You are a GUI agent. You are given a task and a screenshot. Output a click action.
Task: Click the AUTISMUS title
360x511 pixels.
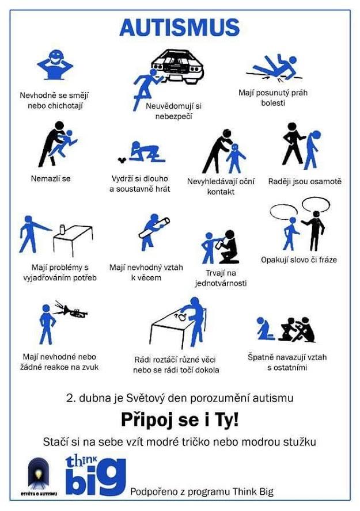(180, 28)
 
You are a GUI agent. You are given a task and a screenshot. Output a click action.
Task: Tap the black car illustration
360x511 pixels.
(178, 64)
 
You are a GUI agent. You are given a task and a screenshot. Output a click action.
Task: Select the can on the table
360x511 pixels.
(63, 229)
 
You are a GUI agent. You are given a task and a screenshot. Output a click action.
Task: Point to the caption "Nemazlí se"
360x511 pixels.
(51, 178)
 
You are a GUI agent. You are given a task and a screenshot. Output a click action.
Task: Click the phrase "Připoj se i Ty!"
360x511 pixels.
(180, 420)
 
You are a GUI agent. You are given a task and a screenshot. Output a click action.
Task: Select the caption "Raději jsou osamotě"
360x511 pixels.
(305, 181)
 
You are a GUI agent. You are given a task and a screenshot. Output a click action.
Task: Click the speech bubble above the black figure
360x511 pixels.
(316, 205)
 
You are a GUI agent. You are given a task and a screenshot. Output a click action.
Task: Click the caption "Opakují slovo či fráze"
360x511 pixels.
(299, 260)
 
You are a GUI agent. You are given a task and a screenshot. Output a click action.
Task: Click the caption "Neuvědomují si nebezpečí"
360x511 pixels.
(173, 111)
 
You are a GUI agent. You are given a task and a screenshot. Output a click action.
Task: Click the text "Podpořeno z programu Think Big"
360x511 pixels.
(202, 491)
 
